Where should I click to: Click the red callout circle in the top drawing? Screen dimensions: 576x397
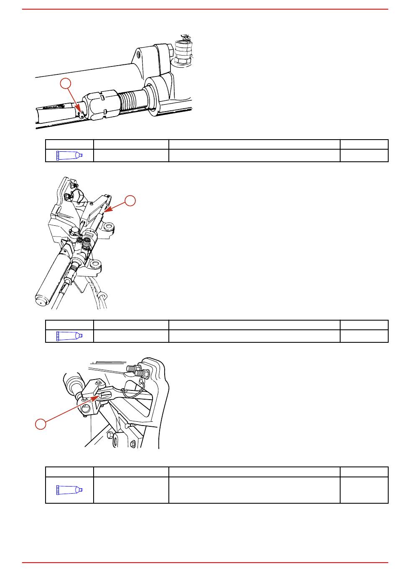click(65, 84)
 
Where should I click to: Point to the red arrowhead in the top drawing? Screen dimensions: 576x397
click(81, 112)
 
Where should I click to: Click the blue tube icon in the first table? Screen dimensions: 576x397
click(69, 155)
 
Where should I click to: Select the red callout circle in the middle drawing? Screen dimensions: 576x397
click(130, 201)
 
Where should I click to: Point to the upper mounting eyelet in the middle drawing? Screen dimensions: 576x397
click(109, 227)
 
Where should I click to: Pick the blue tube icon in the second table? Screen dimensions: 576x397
click(69, 336)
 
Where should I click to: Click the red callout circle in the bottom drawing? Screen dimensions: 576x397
click(40, 424)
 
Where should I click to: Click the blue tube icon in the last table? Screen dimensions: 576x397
click(69, 489)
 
